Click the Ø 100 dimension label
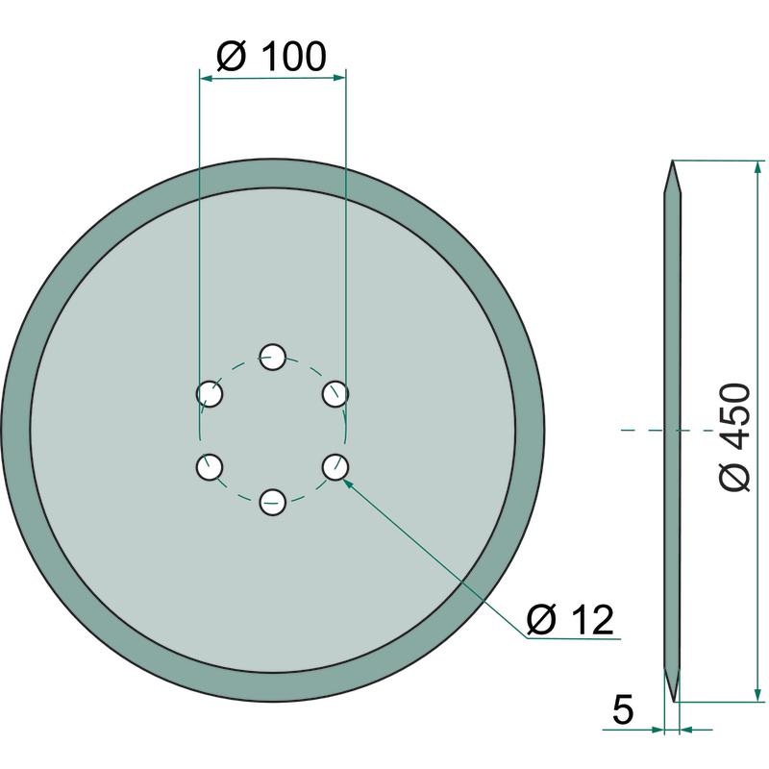pyautogui.click(x=271, y=57)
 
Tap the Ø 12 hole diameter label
pyautogui.click(x=570, y=619)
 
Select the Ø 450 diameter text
pyautogui.click(x=734, y=437)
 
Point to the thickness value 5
pyautogui.click(x=623, y=709)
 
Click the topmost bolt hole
pyautogui.click(x=273, y=357)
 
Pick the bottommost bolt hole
pyautogui.click(x=273, y=502)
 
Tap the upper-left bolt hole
pyautogui.click(x=210, y=393)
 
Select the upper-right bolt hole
pyautogui.click(x=335, y=393)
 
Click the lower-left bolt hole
pyautogui.click(x=210, y=467)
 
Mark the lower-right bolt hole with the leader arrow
pyautogui.click(x=335, y=467)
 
